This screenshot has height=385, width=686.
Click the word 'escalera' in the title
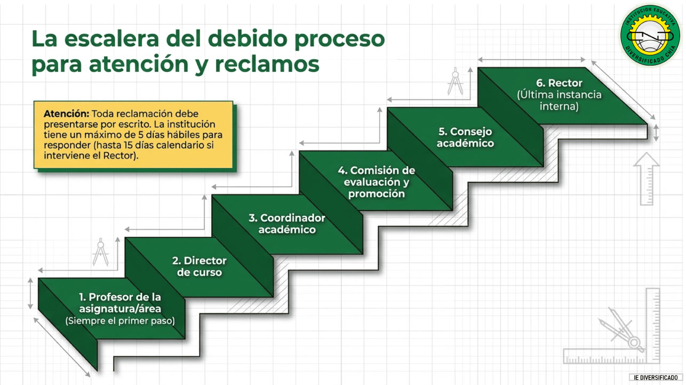[111, 39]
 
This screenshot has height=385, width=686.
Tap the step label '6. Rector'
[559, 83]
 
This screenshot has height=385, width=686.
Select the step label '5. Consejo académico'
[465, 137]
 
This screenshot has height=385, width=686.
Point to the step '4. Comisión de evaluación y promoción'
[377, 182]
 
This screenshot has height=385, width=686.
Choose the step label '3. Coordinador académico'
[287, 223]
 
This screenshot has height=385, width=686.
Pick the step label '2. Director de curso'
[200, 266]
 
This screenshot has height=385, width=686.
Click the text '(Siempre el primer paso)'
[120, 320]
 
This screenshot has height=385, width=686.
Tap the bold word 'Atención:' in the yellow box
[67, 114]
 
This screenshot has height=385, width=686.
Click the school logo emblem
[650, 35]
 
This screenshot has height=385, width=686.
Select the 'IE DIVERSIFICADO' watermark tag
[656, 378]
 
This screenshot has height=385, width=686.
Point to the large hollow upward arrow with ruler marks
[646, 179]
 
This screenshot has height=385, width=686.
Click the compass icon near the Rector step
[456, 81]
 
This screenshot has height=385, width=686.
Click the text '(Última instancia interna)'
[559, 100]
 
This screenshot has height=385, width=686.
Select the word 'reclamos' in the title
[267, 64]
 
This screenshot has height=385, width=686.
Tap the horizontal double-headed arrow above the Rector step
[532, 59]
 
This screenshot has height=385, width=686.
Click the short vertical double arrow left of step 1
[30, 293]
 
